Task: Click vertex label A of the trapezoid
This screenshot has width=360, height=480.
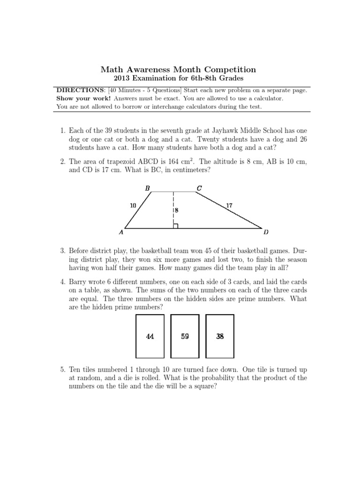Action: [121, 232]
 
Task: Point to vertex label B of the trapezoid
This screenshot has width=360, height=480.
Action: [148, 188]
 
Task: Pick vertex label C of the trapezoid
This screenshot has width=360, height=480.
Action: [199, 188]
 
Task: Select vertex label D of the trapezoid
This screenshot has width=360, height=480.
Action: [266, 232]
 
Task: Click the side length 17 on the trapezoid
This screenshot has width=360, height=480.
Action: [229, 205]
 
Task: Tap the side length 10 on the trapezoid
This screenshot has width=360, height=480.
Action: [133, 205]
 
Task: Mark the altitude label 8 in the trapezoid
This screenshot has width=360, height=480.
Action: [177, 211]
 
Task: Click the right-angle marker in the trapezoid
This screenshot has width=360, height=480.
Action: [175, 226]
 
